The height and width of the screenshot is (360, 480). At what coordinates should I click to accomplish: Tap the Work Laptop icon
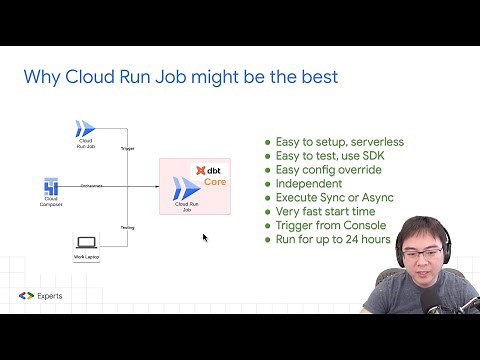pyautogui.click(x=86, y=241)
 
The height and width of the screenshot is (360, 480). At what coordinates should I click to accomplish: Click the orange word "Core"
pyautogui.click(x=216, y=183)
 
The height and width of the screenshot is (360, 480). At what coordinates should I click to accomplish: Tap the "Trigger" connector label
pyautogui.click(x=127, y=148)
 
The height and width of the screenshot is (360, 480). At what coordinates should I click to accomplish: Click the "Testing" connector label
pyautogui.click(x=127, y=228)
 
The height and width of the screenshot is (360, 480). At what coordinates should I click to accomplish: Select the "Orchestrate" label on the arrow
pyautogui.click(x=92, y=185)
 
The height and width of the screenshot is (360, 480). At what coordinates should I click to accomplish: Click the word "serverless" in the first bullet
pyautogui.click(x=372, y=142)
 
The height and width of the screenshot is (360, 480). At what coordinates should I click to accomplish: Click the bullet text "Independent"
pyautogui.click(x=307, y=184)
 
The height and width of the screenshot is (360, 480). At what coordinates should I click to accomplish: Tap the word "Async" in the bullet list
pyautogui.click(x=380, y=198)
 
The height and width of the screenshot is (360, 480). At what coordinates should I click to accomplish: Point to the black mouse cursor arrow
pyautogui.click(x=205, y=238)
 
